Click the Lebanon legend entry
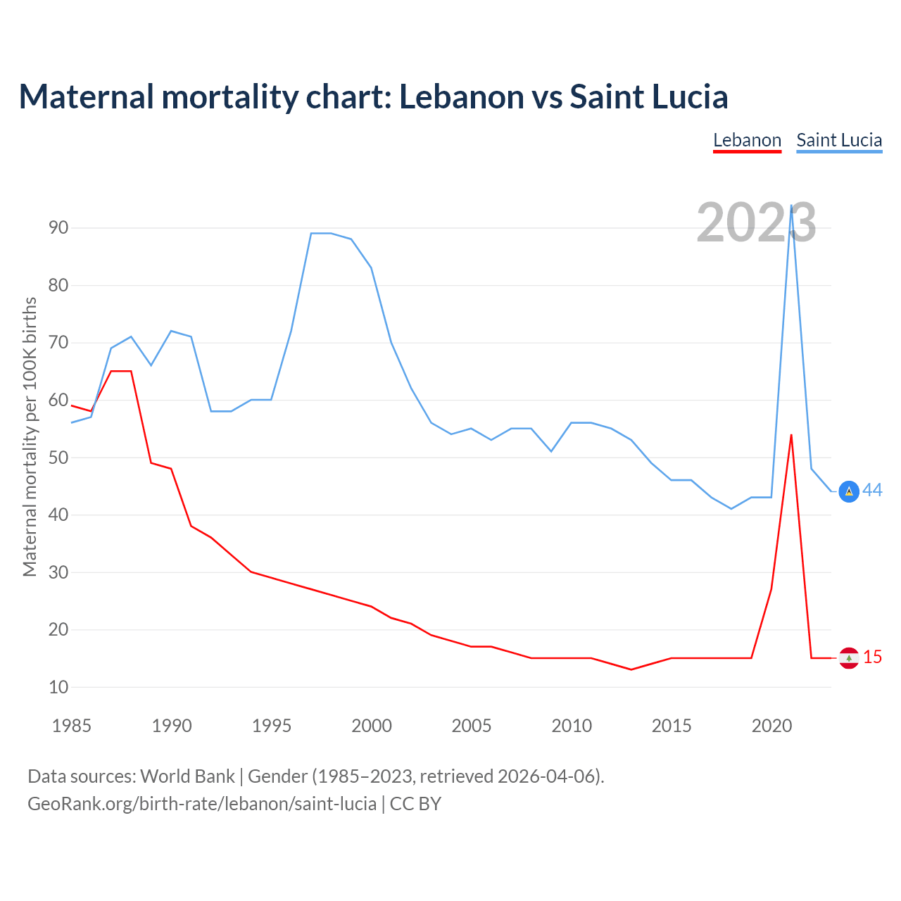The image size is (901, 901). pos(747,140)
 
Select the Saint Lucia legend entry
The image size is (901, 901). pos(839,140)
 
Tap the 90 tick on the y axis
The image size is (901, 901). pos(58,227)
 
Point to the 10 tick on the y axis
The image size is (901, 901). pos(58,687)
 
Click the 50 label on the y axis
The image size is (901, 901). pos(58,458)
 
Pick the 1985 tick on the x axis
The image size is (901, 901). pos(72,726)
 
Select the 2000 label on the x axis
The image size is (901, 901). pos(372,726)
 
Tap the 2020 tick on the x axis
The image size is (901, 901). pos(771,726)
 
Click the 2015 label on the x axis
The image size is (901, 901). pos(672,726)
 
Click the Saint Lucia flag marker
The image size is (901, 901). pos(849,491)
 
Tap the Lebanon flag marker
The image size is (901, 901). pos(849,657)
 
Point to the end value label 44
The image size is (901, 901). pos(873,490)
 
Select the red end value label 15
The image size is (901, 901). pos(873,657)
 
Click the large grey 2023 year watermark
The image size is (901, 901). pos(756,222)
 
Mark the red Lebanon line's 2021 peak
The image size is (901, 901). pos(791,435)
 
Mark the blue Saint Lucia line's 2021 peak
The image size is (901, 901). pos(791,206)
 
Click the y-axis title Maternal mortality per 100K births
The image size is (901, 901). pos(30,436)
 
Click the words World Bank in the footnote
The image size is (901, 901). pos(187,776)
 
